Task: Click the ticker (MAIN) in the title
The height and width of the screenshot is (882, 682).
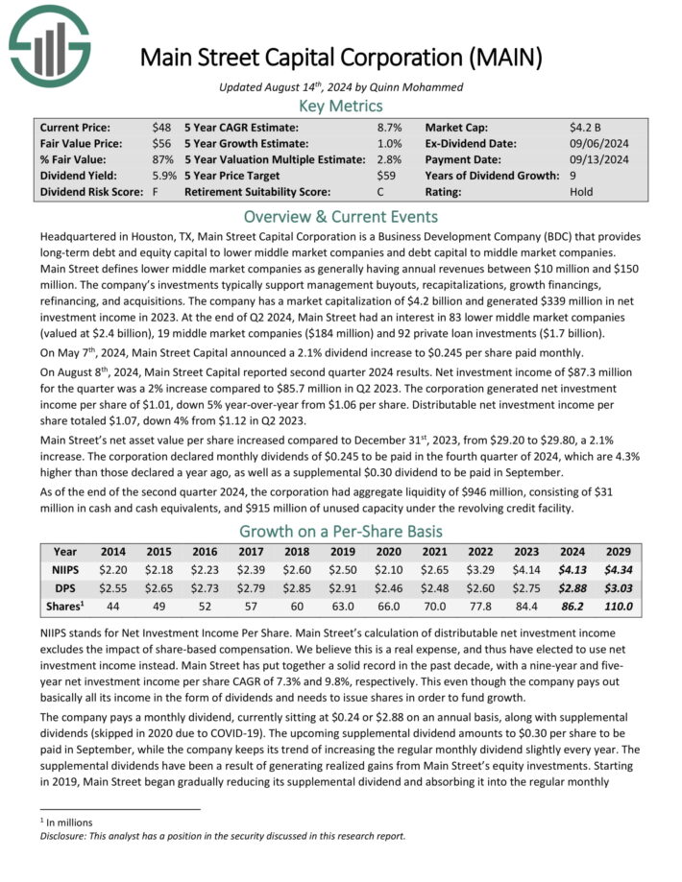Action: pyautogui.click(x=501, y=58)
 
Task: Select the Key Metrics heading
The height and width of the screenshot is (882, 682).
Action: pyautogui.click(x=340, y=106)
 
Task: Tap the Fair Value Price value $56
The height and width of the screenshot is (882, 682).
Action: pyautogui.click(x=161, y=143)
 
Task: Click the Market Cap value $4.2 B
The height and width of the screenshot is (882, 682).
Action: pyautogui.click(x=585, y=127)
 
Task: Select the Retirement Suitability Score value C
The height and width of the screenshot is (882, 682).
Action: pyautogui.click(x=381, y=192)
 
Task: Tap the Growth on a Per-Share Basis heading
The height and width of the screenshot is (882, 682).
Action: pyautogui.click(x=340, y=531)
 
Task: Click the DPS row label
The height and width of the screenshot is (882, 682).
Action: pyautogui.click(x=65, y=587)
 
